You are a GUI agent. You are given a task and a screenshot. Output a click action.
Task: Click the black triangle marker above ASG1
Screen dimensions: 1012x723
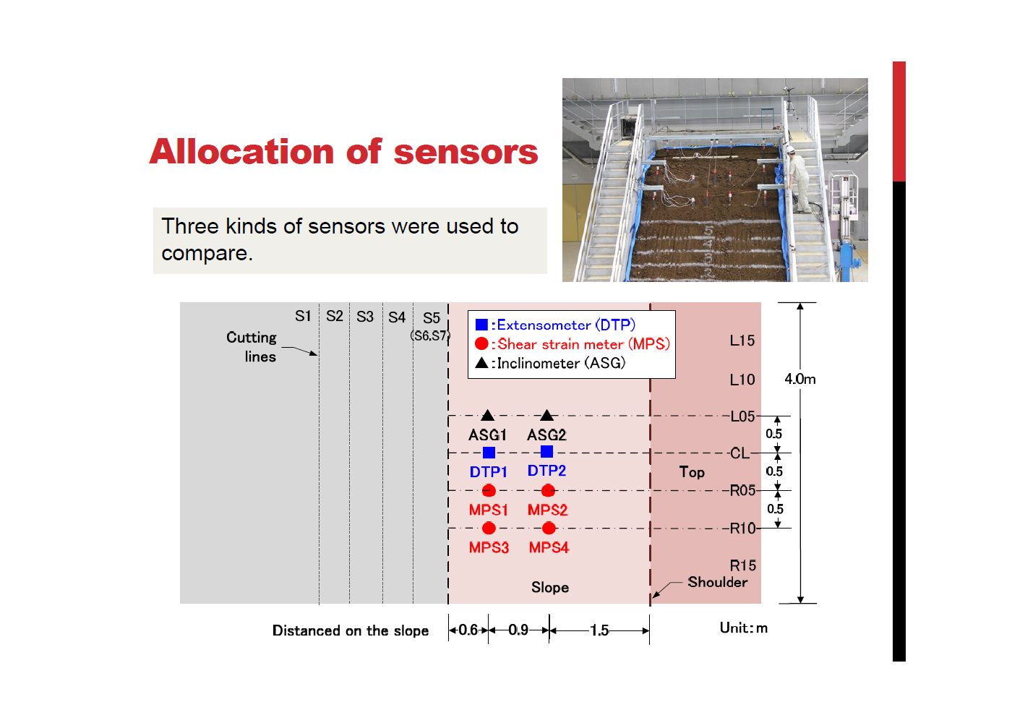(487, 415)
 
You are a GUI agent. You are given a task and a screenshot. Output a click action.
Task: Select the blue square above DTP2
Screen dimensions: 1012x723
(546, 451)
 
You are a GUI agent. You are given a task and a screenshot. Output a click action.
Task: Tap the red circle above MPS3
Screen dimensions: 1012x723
(489, 528)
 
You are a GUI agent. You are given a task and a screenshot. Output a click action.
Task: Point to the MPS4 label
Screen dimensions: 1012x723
(549, 548)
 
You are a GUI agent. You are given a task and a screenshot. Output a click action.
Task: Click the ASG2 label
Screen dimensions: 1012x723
(546, 435)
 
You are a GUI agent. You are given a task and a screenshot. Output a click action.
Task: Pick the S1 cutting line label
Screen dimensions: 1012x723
(303, 316)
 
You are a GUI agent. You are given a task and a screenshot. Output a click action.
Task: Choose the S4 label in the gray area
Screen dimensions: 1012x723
(397, 317)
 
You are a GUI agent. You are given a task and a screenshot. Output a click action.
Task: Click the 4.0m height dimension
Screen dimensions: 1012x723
(800, 379)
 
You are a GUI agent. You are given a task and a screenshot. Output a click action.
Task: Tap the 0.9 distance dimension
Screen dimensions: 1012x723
(518, 630)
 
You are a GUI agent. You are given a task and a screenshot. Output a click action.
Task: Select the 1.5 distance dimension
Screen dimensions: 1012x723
(599, 630)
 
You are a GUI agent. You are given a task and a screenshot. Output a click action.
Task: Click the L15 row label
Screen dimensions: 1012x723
(742, 341)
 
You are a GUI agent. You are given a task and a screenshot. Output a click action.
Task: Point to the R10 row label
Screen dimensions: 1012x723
(743, 529)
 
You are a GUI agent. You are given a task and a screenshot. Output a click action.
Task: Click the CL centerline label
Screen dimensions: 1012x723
(739, 453)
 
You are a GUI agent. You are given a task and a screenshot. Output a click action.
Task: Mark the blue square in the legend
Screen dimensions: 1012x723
(481, 325)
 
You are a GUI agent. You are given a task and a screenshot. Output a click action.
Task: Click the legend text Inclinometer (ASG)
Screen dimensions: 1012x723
(561, 363)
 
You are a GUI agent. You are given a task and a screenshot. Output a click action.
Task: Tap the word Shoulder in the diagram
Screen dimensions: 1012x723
(717, 582)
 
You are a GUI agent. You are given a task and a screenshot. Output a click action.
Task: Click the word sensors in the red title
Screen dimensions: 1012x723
(466, 152)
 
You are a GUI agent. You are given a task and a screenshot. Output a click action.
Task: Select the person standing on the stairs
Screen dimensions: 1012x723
(798, 179)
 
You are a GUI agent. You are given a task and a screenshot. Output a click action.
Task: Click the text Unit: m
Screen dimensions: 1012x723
(744, 628)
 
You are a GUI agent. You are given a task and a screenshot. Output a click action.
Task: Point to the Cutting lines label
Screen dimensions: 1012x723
(252, 347)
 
